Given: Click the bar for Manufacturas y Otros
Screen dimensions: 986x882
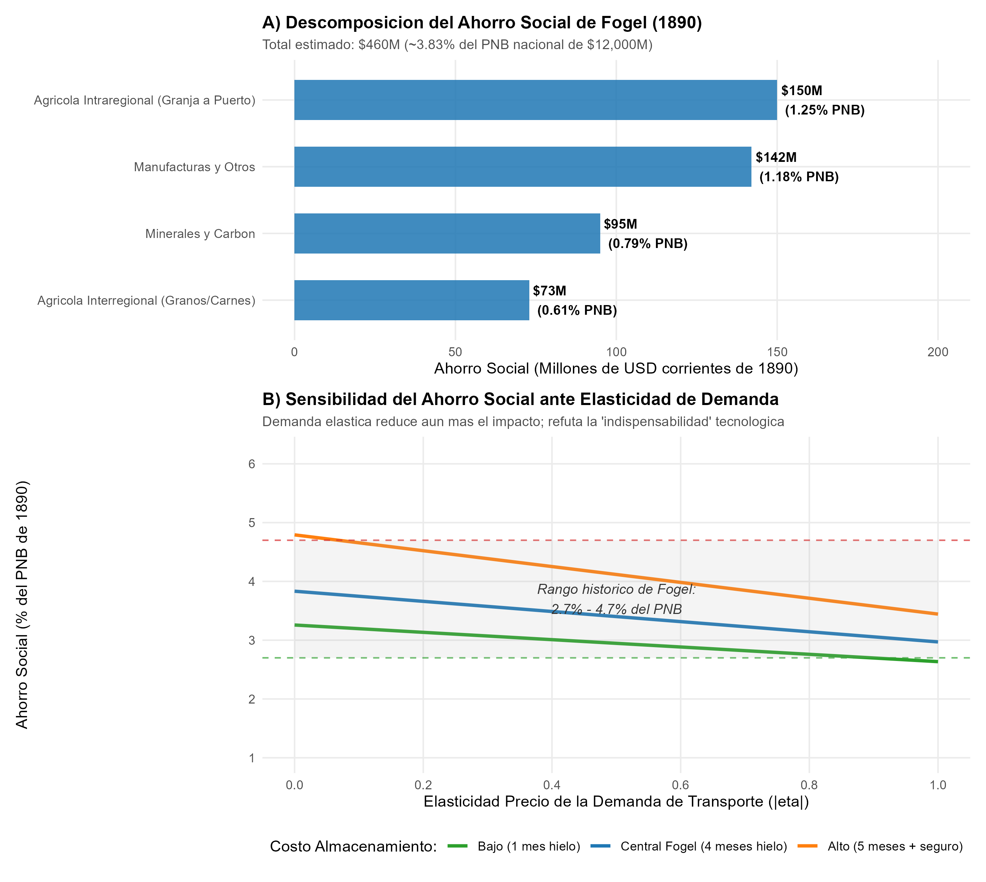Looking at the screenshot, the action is [x=522, y=167].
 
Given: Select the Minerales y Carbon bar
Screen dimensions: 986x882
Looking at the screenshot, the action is [x=447, y=233].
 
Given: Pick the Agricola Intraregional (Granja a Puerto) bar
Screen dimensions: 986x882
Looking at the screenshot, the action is [x=536, y=100].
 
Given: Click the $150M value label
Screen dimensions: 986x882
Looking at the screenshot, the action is [x=802, y=91].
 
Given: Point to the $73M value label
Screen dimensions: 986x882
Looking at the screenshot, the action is [x=549, y=291].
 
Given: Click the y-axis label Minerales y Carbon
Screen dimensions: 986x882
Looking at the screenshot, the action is [x=200, y=233].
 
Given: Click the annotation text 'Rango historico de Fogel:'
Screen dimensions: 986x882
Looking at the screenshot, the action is [x=617, y=589].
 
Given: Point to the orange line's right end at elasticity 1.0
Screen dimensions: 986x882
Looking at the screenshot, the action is [x=938, y=614].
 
